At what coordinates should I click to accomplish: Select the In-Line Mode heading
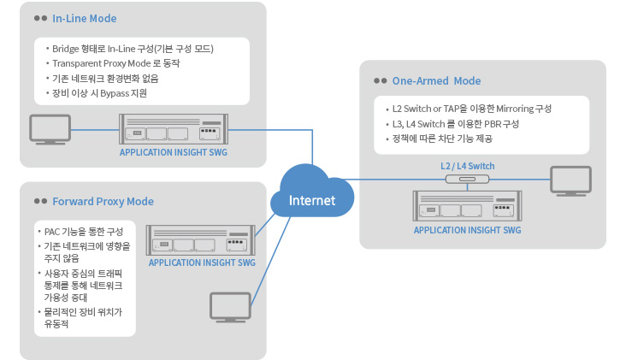(x=85, y=18)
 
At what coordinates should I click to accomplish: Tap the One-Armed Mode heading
(x=436, y=81)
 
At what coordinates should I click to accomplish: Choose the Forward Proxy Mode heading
(x=103, y=202)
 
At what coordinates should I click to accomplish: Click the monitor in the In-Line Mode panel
(x=50, y=129)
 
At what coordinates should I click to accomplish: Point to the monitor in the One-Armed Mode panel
(x=570, y=180)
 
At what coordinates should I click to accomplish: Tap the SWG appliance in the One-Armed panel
(x=467, y=207)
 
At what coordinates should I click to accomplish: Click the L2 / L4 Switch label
(x=467, y=166)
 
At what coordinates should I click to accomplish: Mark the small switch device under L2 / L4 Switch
(x=467, y=180)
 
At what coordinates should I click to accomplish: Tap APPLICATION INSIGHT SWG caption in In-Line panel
(x=174, y=154)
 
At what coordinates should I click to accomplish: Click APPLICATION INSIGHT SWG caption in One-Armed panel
(x=467, y=230)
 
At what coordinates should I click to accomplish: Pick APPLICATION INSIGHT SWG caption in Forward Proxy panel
(x=202, y=263)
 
